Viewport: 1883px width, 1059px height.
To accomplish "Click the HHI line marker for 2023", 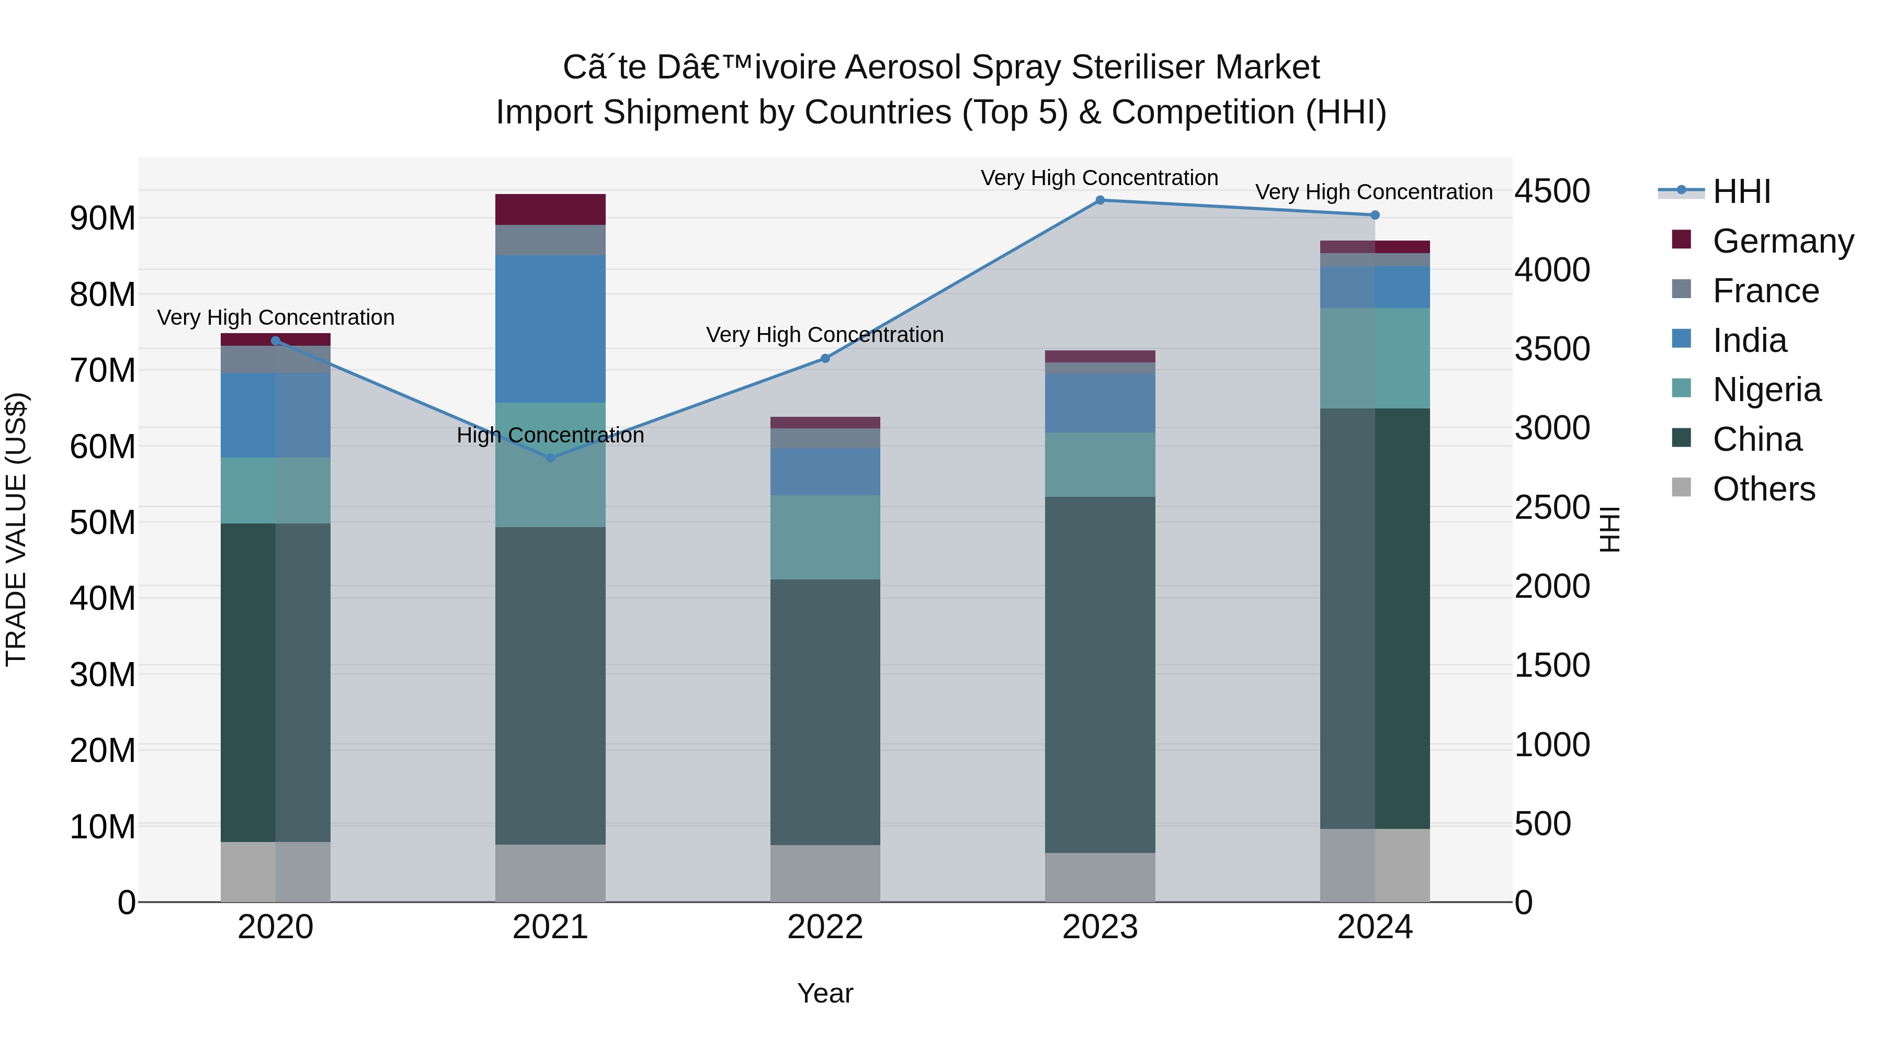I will coord(1099,200).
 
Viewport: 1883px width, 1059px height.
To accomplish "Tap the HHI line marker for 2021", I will coord(550,458).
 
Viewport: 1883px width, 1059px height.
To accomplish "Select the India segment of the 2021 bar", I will coord(550,329).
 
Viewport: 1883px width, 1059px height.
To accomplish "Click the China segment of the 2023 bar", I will coord(1099,675).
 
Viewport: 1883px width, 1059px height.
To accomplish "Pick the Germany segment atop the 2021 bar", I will coord(550,210).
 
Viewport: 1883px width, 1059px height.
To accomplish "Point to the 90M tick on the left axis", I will coord(103,218).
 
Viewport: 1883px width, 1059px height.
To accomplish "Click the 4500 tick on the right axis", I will coord(1551,191).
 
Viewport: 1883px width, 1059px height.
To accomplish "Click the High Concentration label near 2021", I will coord(550,436).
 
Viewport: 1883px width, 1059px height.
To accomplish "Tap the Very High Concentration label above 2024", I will coord(1374,192).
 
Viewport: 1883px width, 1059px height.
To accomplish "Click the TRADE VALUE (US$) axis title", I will coord(16,529).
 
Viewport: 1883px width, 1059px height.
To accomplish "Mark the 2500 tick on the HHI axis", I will coord(1551,507).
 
